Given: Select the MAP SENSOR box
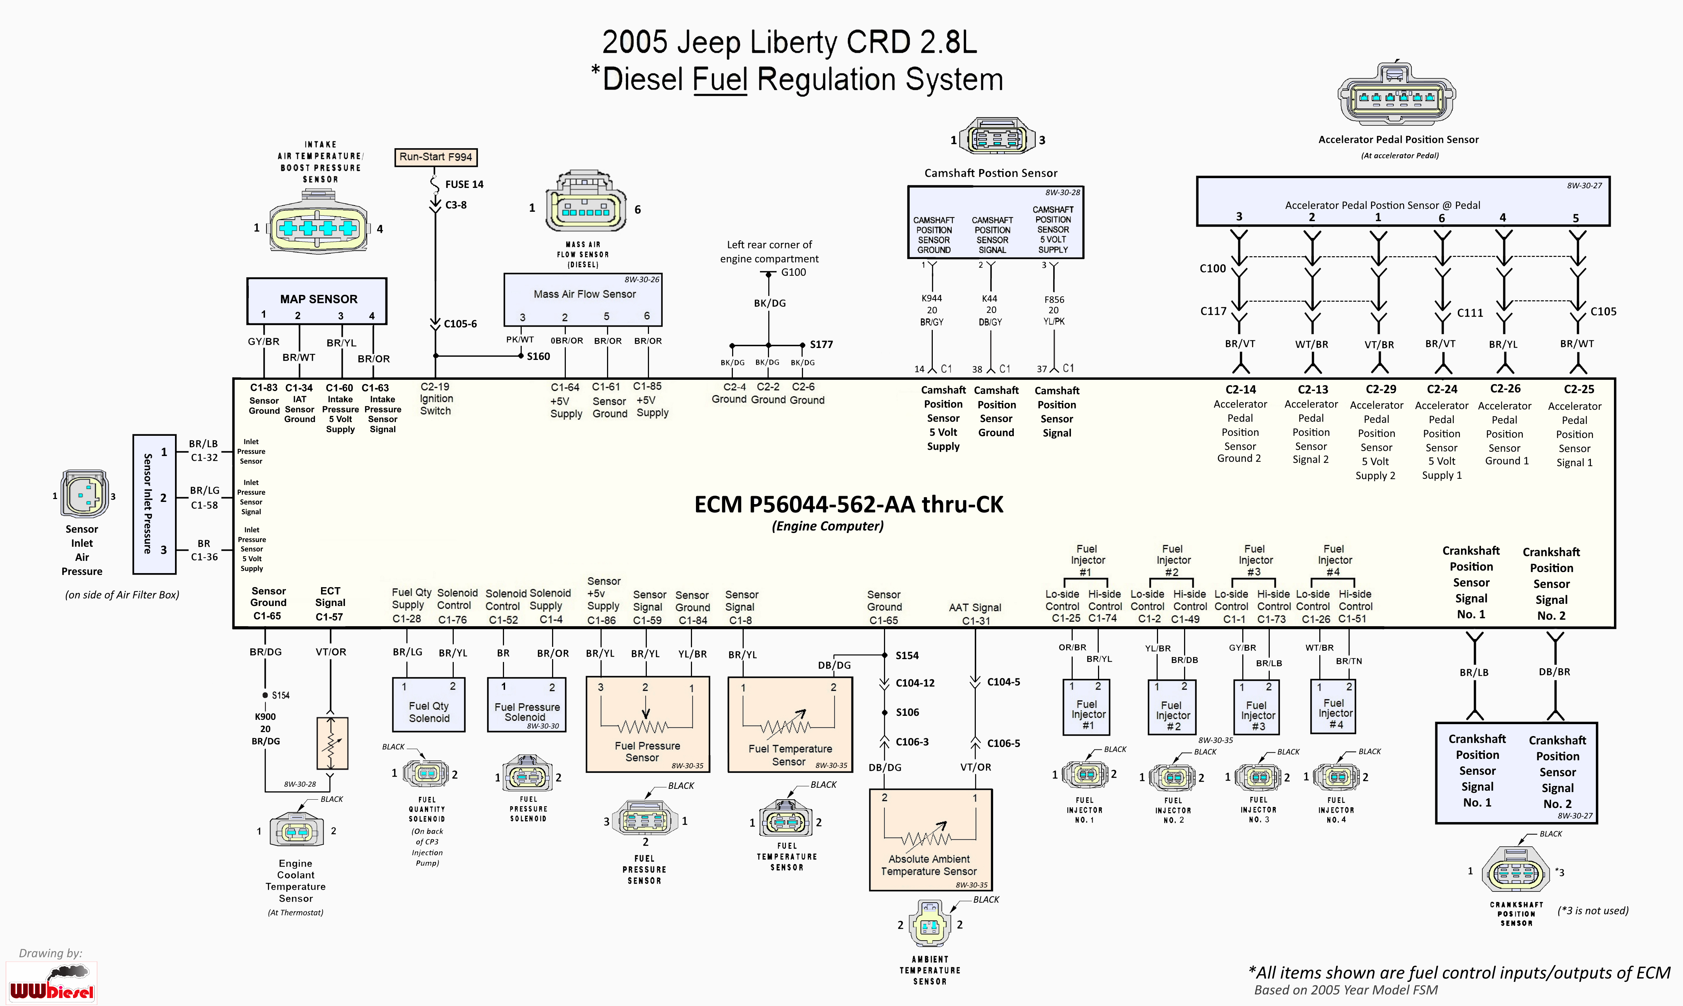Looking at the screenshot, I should tap(317, 300).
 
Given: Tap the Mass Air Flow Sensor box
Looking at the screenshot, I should tap(583, 300).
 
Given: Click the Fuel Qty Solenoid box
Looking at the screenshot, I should tap(428, 705).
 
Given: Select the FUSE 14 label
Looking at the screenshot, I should tap(464, 184).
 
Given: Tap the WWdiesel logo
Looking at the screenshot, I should tap(52, 983).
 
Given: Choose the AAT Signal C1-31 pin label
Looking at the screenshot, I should tap(975, 614).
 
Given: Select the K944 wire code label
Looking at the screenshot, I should tap(932, 298).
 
